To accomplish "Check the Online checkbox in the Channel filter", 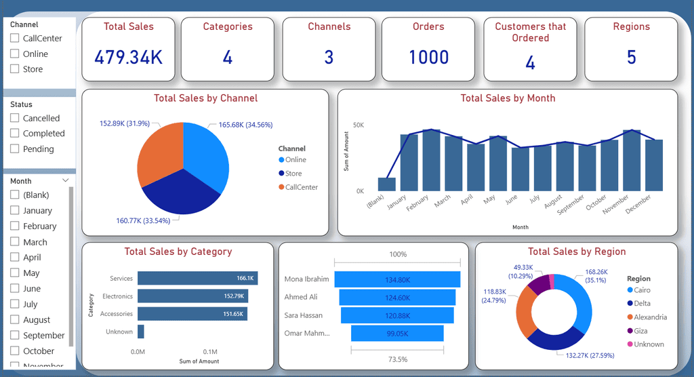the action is click(x=15, y=54).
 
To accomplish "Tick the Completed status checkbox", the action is click(x=15, y=133).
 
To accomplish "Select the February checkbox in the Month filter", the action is click(x=15, y=226).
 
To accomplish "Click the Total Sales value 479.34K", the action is click(x=128, y=57).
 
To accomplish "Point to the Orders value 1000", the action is click(x=428, y=57).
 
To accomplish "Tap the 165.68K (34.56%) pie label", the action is click(x=245, y=125).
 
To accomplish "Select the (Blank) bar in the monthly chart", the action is click(x=387, y=184).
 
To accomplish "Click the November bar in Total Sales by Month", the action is click(x=632, y=161).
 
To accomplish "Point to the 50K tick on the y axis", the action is click(x=359, y=125).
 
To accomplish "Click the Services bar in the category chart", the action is click(x=197, y=278).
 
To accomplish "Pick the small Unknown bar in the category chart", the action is click(x=141, y=332).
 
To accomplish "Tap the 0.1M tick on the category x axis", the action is click(x=210, y=352).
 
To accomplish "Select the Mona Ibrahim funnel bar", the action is click(x=397, y=279).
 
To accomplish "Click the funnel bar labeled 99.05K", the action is click(x=397, y=333).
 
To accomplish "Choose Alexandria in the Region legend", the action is click(x=647, y=317).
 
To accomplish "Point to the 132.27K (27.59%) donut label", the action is click(x=590, y=355).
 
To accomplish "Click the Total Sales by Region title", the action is click(x=577, y=252).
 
